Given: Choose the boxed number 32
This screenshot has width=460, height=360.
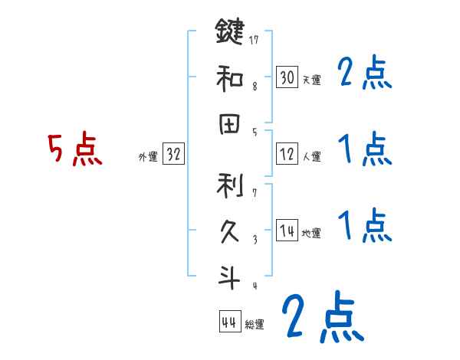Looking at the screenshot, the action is coord(174,155).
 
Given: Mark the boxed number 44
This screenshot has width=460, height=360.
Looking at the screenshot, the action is coord(228,322).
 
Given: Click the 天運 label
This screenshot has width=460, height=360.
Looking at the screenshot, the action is coord(311,80).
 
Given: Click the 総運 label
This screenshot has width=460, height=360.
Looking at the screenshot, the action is coord(255,325).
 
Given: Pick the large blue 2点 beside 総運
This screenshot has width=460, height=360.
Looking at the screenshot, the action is coord(322,316).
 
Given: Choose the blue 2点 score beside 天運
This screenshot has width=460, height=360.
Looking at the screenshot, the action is coord(364,75).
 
